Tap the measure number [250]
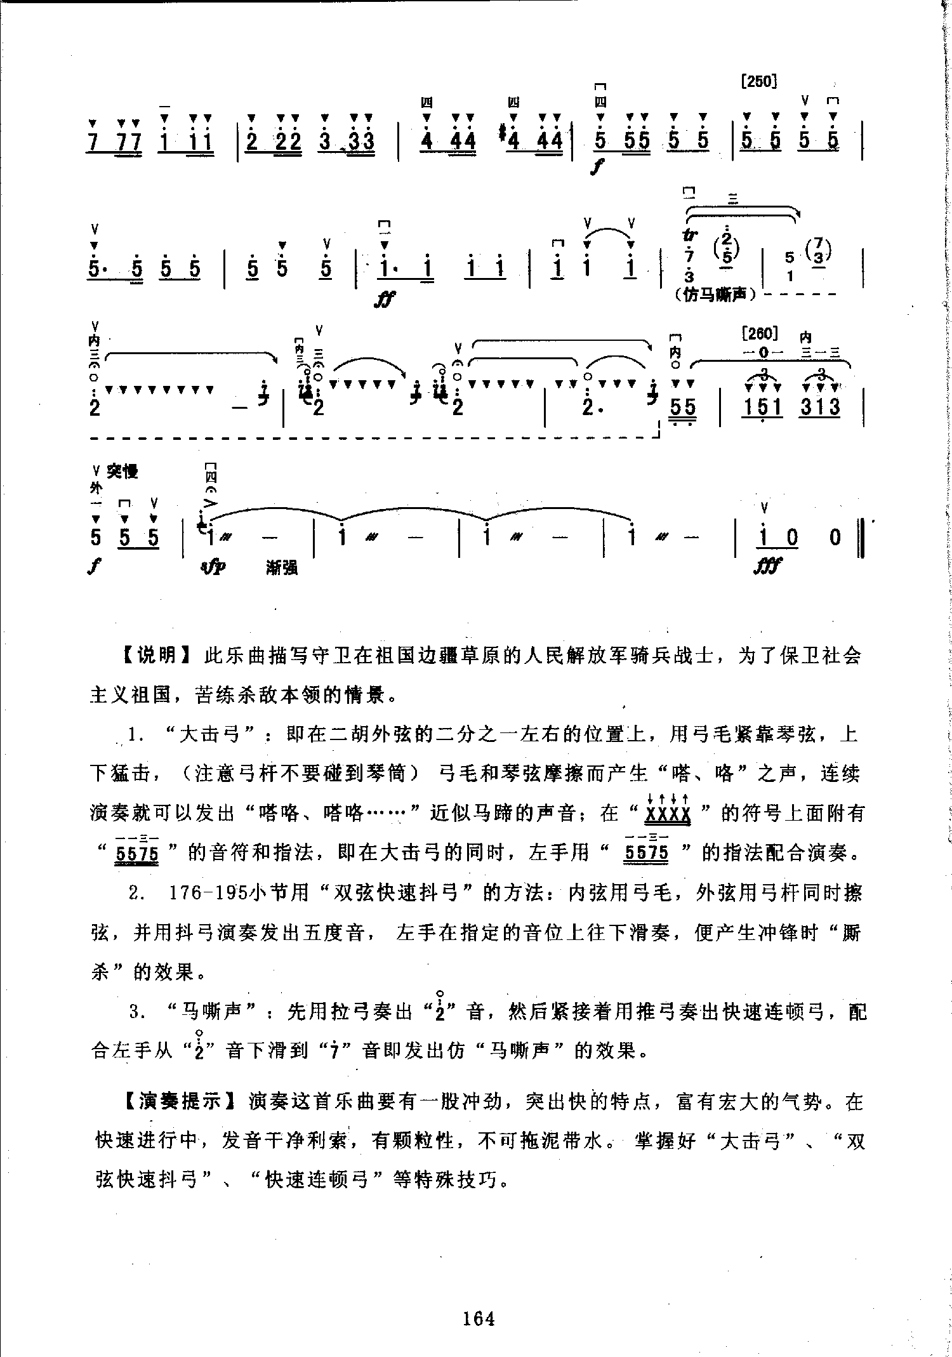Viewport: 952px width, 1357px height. pos(759,81)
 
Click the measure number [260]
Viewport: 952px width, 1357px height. pos(759,333)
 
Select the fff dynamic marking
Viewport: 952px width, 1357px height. pos(767,564)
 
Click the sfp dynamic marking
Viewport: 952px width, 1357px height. pos(211,566)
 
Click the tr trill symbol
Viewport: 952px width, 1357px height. pos(689,235)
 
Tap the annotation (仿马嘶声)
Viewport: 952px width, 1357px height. pos(715,295)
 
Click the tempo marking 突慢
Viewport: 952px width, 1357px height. pos(122,471)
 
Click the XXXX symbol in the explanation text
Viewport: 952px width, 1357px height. pos(667,814)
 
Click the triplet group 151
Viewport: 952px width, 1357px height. pos(762,406)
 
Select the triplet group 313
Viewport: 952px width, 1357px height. pos(820,406)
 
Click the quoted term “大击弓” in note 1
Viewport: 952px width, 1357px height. pos(213,735)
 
